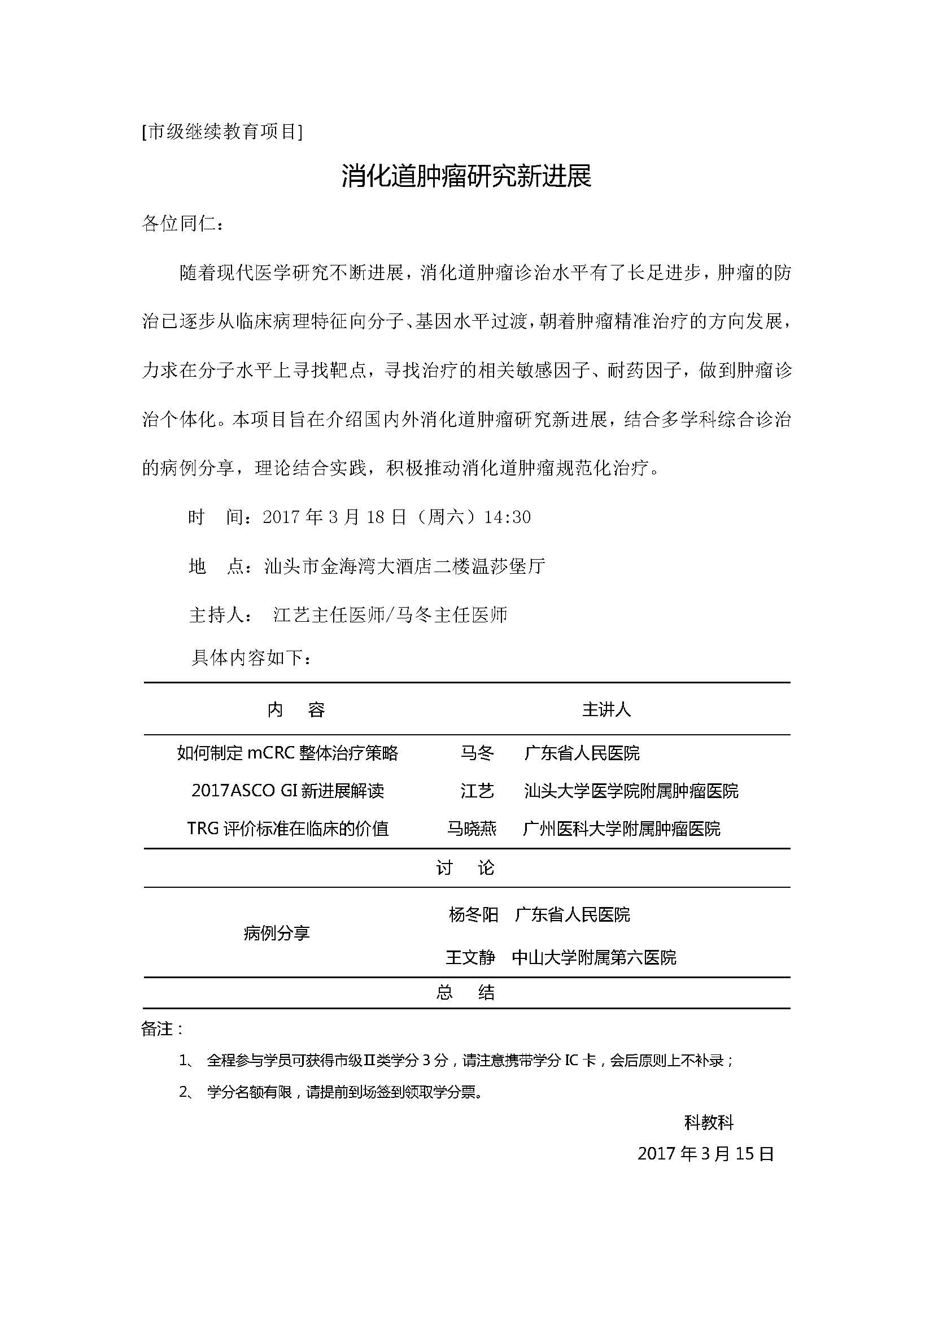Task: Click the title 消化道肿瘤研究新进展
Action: (x=466, y=177)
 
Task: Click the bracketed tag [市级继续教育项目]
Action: (x=222, y=132)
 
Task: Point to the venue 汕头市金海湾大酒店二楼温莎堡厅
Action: (x=404, y=566)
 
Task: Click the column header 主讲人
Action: (x=606, y=710)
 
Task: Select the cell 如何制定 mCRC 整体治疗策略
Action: (x=287, y=753)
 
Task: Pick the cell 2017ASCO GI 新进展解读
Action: (x=287, y=791)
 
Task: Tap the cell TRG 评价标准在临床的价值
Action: (x=287, y=829)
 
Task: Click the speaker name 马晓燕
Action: (x=472, y=829)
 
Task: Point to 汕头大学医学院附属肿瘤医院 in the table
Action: (x=631, y=791)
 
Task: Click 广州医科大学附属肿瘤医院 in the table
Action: (x=622, y=829)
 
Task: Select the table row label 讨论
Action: (x=465, y=867)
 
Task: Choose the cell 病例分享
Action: (x=277, y=933)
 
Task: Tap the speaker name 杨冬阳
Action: (x=473, y=915)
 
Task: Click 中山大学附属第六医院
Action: (x=594, y=957)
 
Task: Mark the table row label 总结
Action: (x=465, y=992)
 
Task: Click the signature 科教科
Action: (x=709, y=1122)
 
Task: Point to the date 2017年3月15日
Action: (x=706, y=1154)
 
